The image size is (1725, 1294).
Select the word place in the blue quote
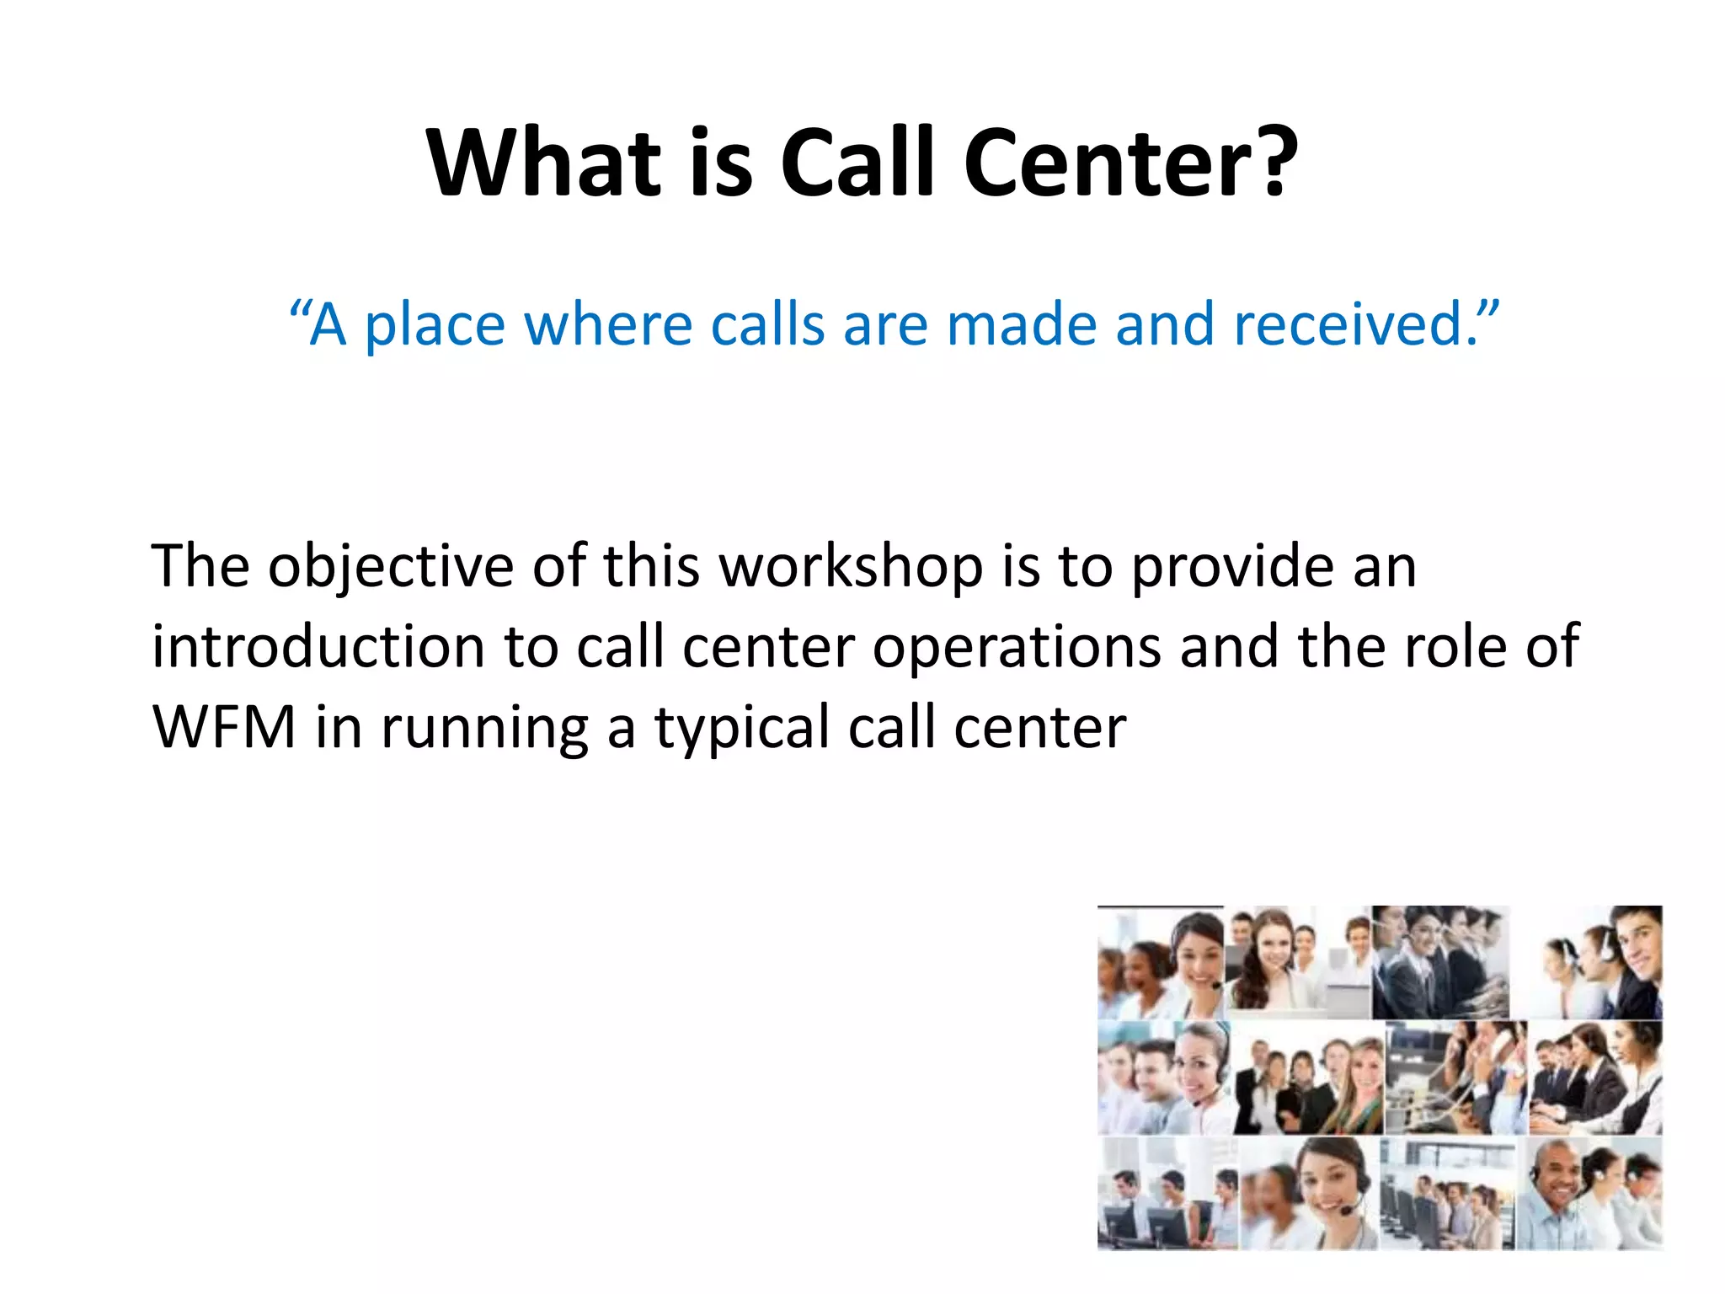[434, 327]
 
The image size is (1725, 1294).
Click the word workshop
[851, 567]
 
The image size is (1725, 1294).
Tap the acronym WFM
[224, 727]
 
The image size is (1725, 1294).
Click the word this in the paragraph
[651, 566]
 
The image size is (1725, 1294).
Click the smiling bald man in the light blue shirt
[1555, 1188]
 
